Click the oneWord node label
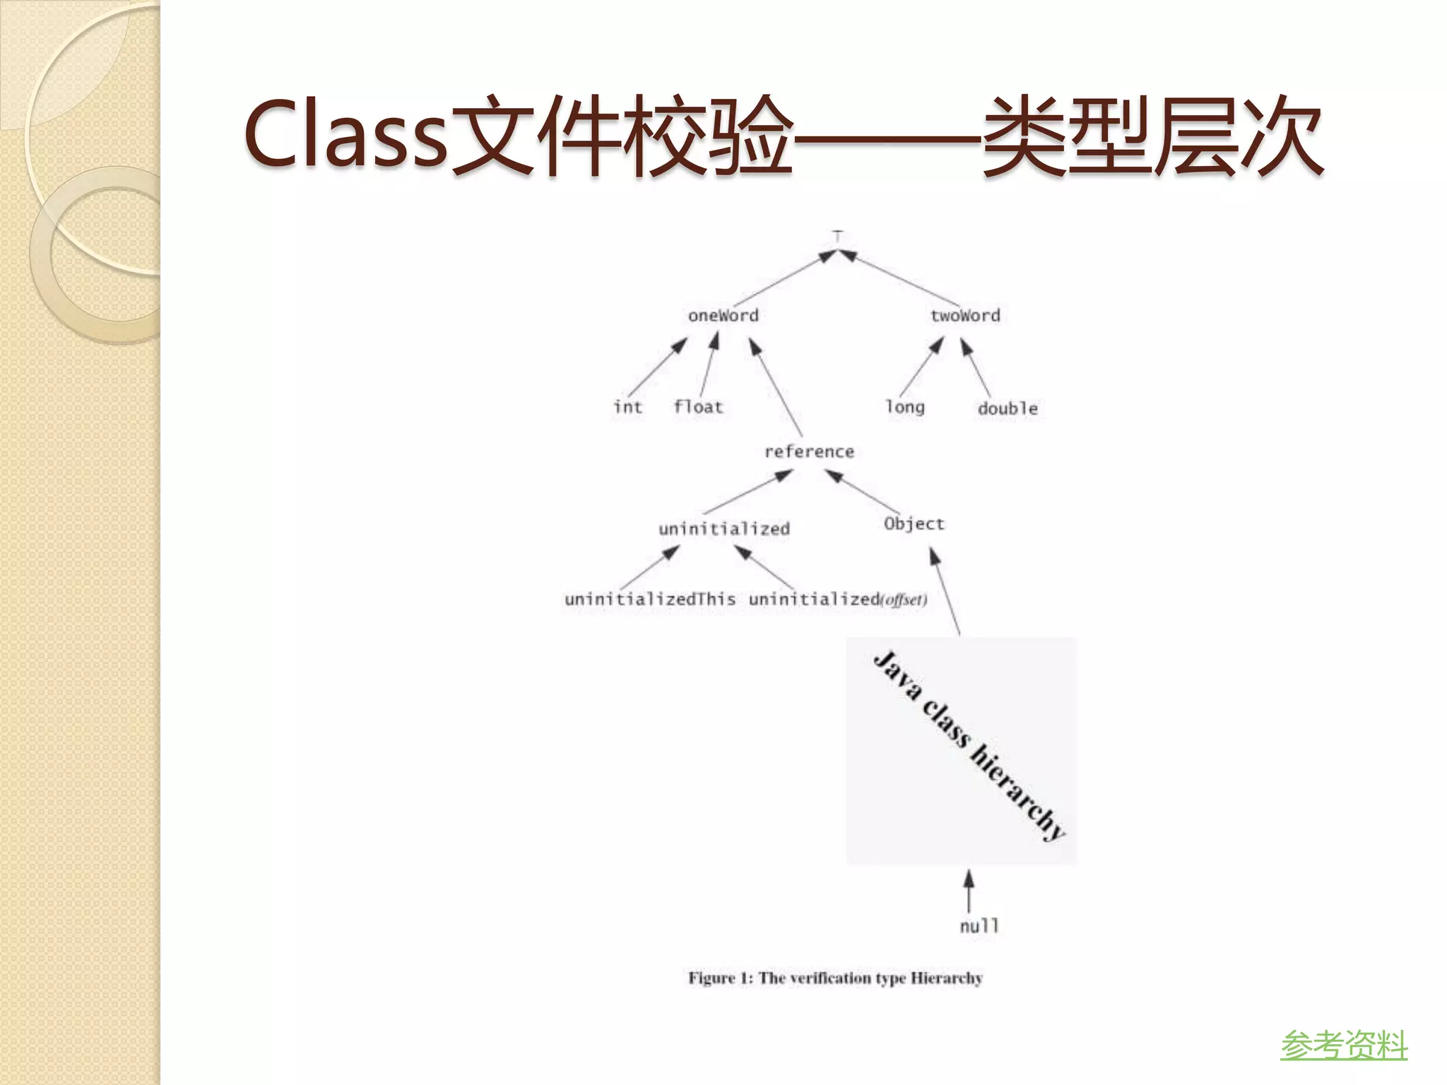(x=723, y=315)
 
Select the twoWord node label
(x=965, y=315)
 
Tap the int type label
(x=627, y=407)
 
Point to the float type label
(x=698, y=407)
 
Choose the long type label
(x=905, y=408)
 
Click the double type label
(x=1008, y=408)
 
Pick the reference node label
(x=809, y=451)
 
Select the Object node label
(x=914, y=523)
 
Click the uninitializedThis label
(x=649, y=599)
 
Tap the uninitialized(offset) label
(x=837, y=599)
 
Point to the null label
(x=979, y=925)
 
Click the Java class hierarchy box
(x=962, y=750)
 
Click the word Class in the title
(x=346, y=134)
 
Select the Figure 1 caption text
(x=835, y=978)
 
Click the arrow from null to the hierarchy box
(x=969, y=891)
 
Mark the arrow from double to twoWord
(x=977, y=367)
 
